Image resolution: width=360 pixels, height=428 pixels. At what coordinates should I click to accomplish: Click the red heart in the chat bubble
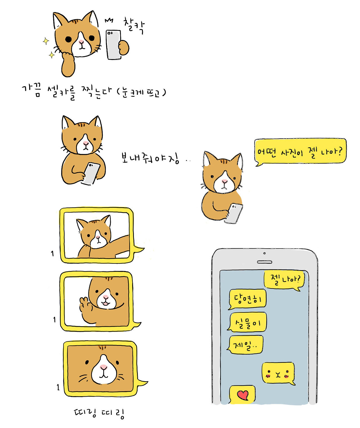[x=243, y=395]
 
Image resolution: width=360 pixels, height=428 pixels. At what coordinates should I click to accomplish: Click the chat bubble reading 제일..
[x=245, y=345]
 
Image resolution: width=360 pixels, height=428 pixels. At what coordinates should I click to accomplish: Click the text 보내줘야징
[x=150, y=158]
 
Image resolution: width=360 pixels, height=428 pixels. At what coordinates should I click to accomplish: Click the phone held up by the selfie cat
[x=113, y=45]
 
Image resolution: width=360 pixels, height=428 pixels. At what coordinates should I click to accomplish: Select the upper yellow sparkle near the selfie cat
[x=46, y=41]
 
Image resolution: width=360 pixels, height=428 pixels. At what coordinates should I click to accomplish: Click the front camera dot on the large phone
[x=264, y=253]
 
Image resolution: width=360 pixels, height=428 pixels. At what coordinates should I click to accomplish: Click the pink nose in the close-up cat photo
[x=103, y=367]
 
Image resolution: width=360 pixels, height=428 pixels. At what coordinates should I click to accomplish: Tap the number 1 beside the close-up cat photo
[x=58, y=387]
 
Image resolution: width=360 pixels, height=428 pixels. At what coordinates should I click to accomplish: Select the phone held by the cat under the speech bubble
[x=234, y=213]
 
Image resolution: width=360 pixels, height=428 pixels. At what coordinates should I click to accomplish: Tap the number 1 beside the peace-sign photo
[x=54, y=319]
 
